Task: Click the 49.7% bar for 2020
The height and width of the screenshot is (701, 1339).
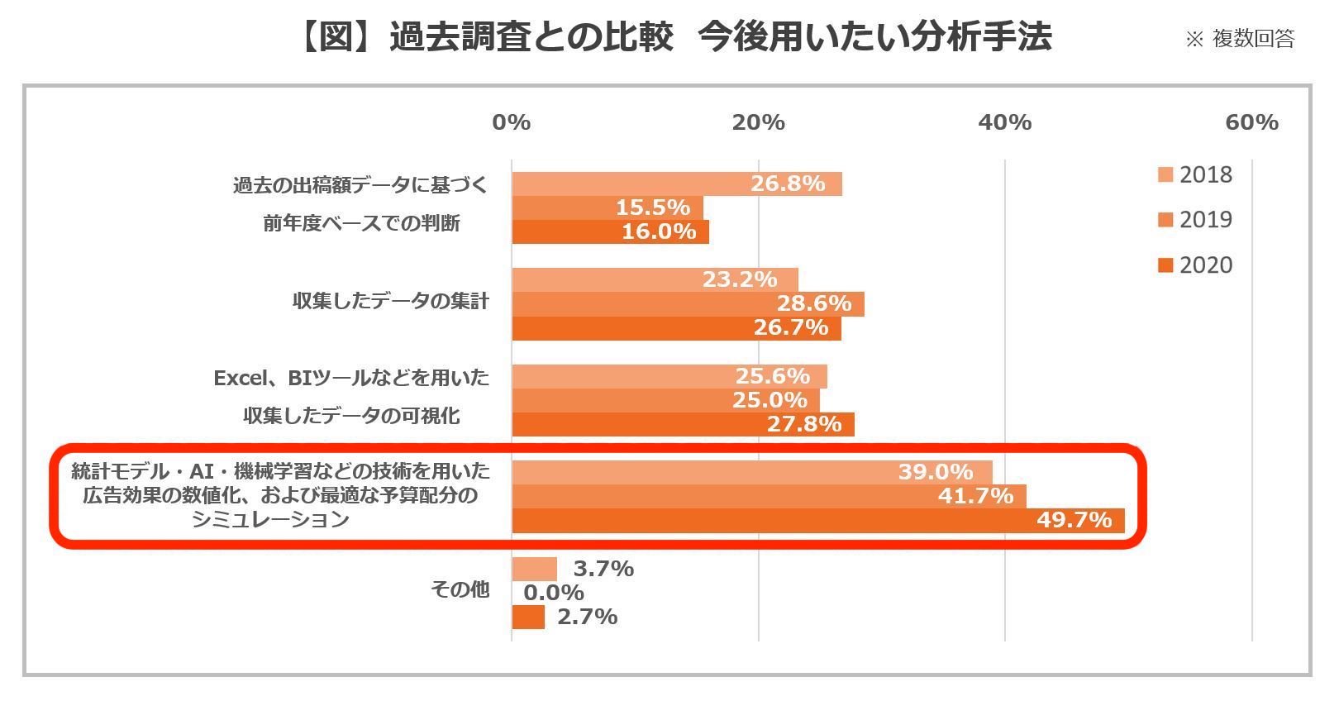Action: click(818, 521)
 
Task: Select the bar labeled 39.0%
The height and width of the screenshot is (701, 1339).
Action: click(752, 472)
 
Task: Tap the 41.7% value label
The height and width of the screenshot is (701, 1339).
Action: click(975, 496)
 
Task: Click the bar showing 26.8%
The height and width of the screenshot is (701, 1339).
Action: click(677, 184)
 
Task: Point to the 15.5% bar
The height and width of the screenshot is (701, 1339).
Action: click(608, 207)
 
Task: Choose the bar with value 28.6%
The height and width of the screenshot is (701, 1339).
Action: click(688, 304)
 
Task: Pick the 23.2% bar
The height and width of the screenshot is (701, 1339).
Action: click(655, 279)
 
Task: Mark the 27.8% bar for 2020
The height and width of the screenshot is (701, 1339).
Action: click(683, 425)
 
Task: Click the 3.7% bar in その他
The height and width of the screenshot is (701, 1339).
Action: click(534, 569)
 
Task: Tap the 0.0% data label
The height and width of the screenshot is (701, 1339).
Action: click(554, 593)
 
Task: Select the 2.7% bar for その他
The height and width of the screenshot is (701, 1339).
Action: click(528, 618)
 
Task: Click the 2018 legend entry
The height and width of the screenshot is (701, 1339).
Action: click(1195, 175)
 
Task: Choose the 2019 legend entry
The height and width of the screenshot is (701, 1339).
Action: click(1195, 220)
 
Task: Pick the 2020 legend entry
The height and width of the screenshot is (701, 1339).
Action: click(1195, 265)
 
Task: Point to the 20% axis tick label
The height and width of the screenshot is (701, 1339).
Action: click(758, 122)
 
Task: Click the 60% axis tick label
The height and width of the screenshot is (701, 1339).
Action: click(1251, 122)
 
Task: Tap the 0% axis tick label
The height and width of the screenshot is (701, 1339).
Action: click(511, 122)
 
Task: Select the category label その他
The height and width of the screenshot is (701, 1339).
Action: click(460, 589)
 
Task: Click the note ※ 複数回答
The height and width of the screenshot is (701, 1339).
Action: click(1240, 39)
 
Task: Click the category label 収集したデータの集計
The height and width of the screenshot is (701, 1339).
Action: click(390, 301)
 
